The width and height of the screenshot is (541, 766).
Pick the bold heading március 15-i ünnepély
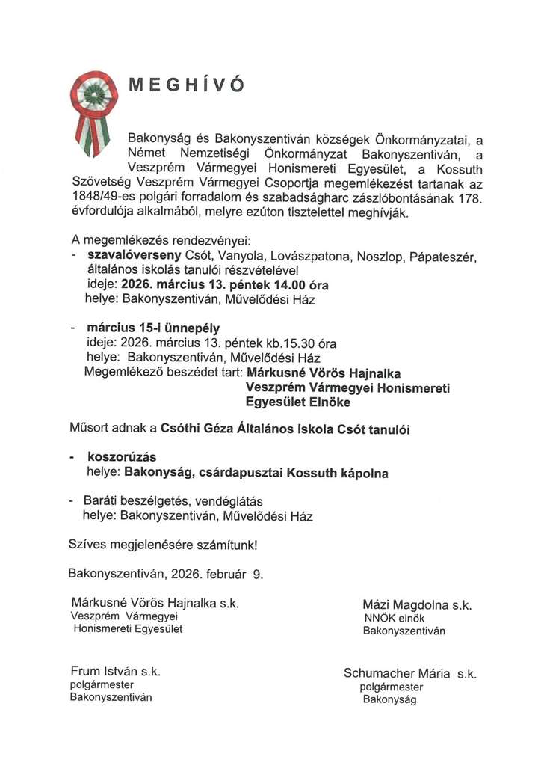pyautogui.click(x=152, y=328)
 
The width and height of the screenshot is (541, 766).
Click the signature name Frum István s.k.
pyautogui.click(x=116, y=671)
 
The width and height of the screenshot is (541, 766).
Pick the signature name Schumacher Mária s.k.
pyautogui.click(x=409, y=673)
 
